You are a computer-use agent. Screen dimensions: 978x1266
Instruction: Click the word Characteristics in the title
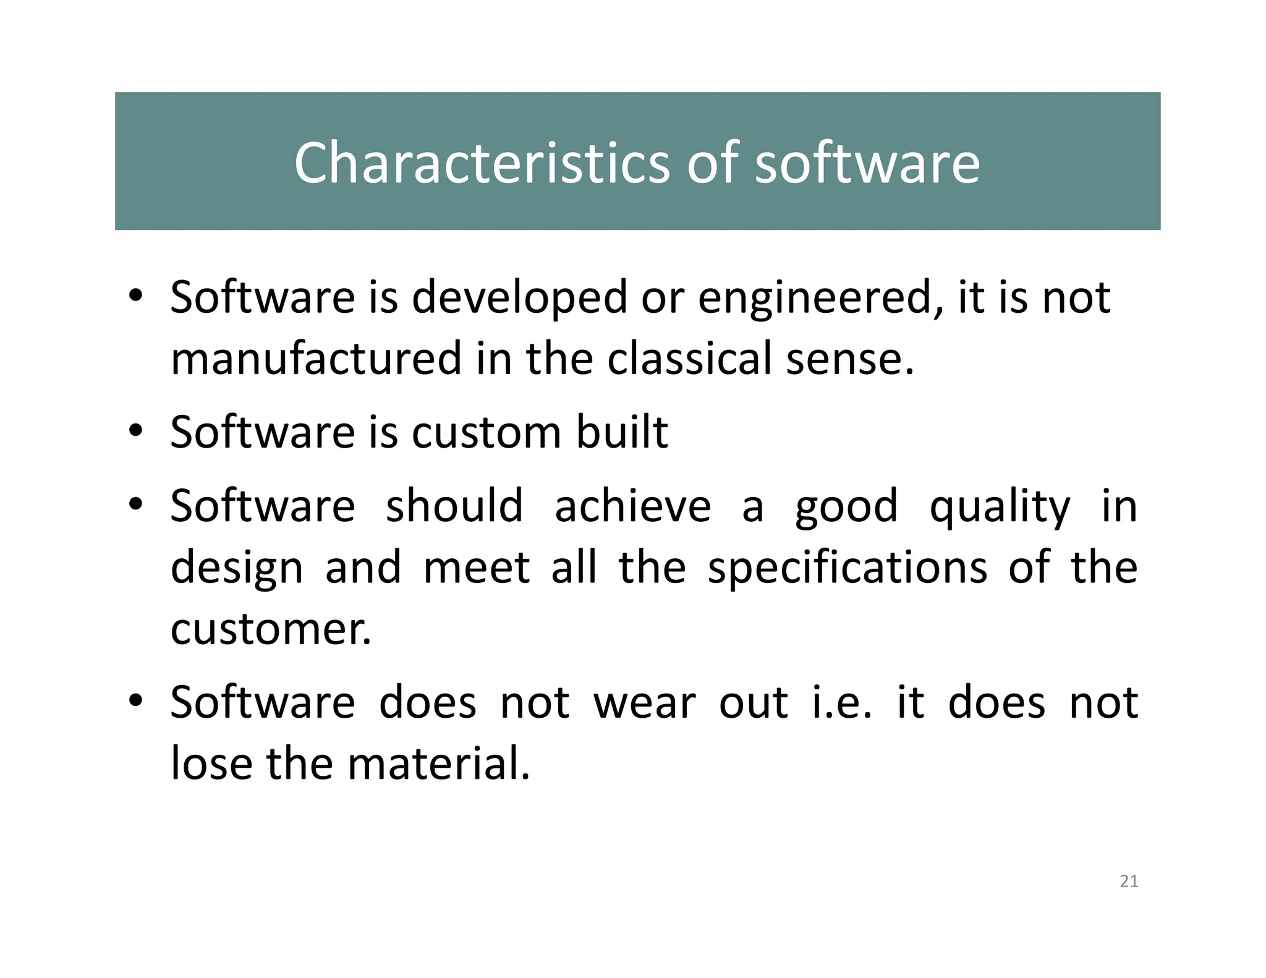pos(482,163)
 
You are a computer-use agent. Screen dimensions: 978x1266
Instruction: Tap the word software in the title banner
pos(867,163)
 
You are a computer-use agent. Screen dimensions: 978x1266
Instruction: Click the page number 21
pos(1129,882)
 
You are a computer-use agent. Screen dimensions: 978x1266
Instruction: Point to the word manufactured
pos(316,359)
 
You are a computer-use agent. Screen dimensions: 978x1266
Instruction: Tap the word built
pos(622,432)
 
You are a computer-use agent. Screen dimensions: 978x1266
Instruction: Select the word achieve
pos(632,506)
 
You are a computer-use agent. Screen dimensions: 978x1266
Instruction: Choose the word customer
pos(271,630)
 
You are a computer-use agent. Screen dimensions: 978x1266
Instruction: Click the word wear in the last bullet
pos(645,704)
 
